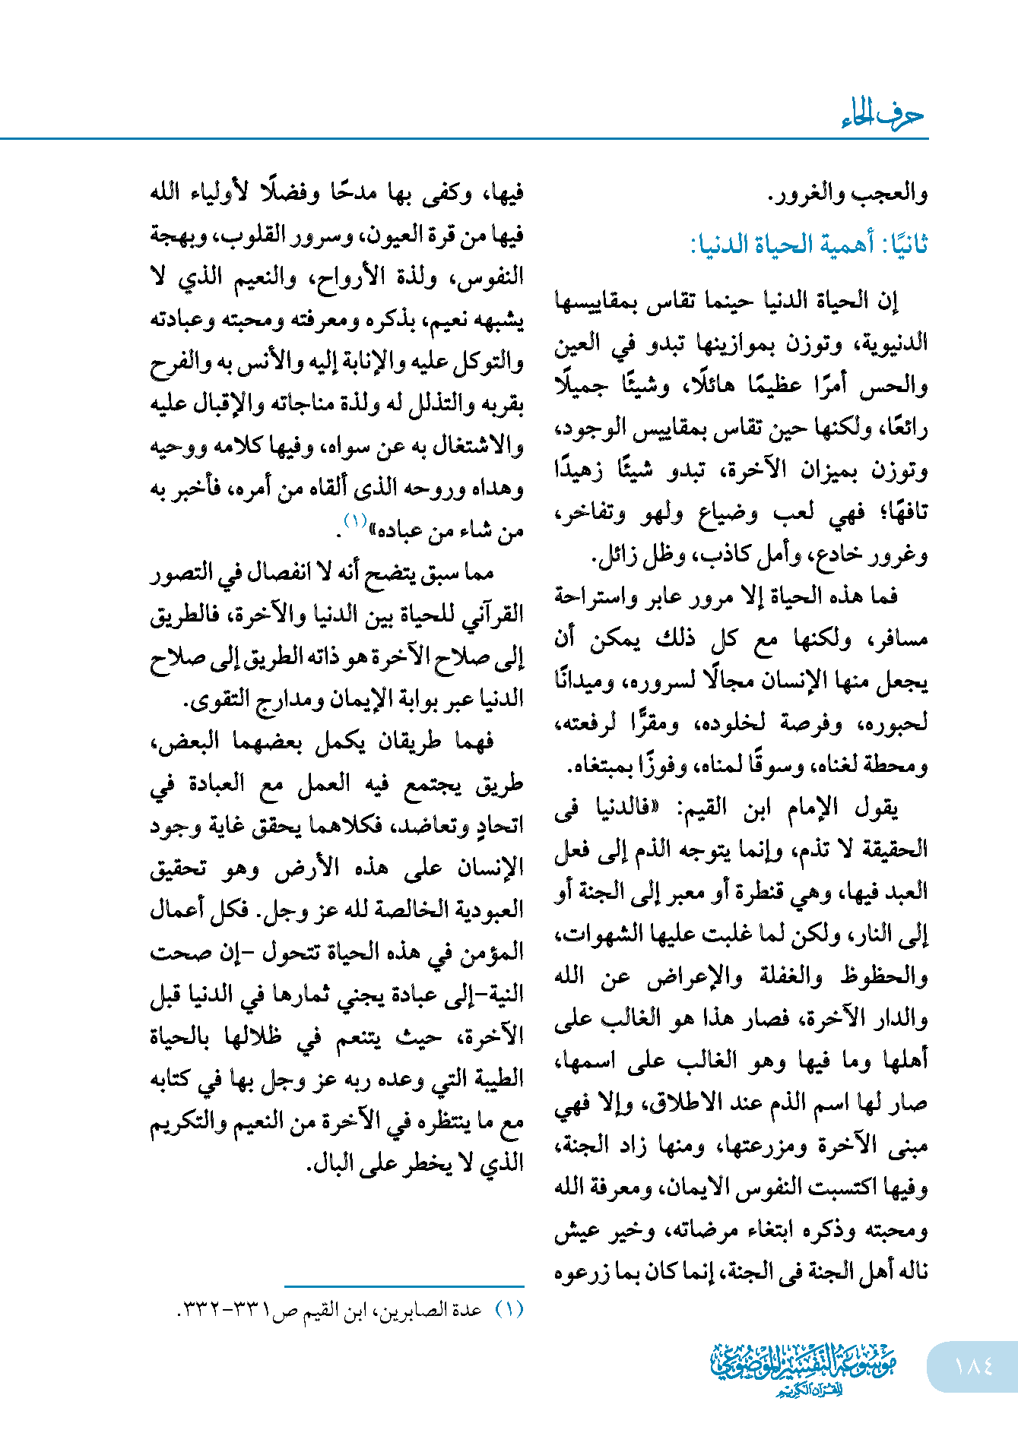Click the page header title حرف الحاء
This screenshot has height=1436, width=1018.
882,115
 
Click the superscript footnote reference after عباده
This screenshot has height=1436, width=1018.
355,520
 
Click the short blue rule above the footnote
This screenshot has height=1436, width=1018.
404,1286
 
